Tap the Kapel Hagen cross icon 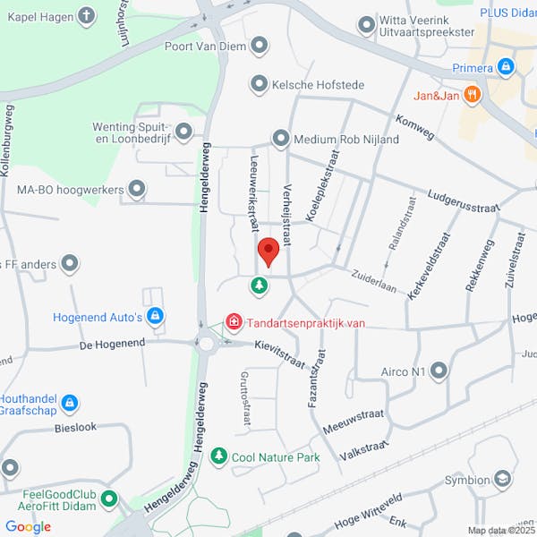[86, 15]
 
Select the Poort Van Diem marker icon [260, 44]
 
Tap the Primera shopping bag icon [507, 67]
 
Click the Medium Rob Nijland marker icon [281, 139]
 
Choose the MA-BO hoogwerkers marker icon [137, 190]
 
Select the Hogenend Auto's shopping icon [156, 316]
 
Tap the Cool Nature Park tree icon [218, 457]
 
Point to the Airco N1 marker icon [439, 371]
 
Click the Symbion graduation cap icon [503, 481]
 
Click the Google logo [28, 526]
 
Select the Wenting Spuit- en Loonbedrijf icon [183, 132]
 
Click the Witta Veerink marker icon [365, 24]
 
